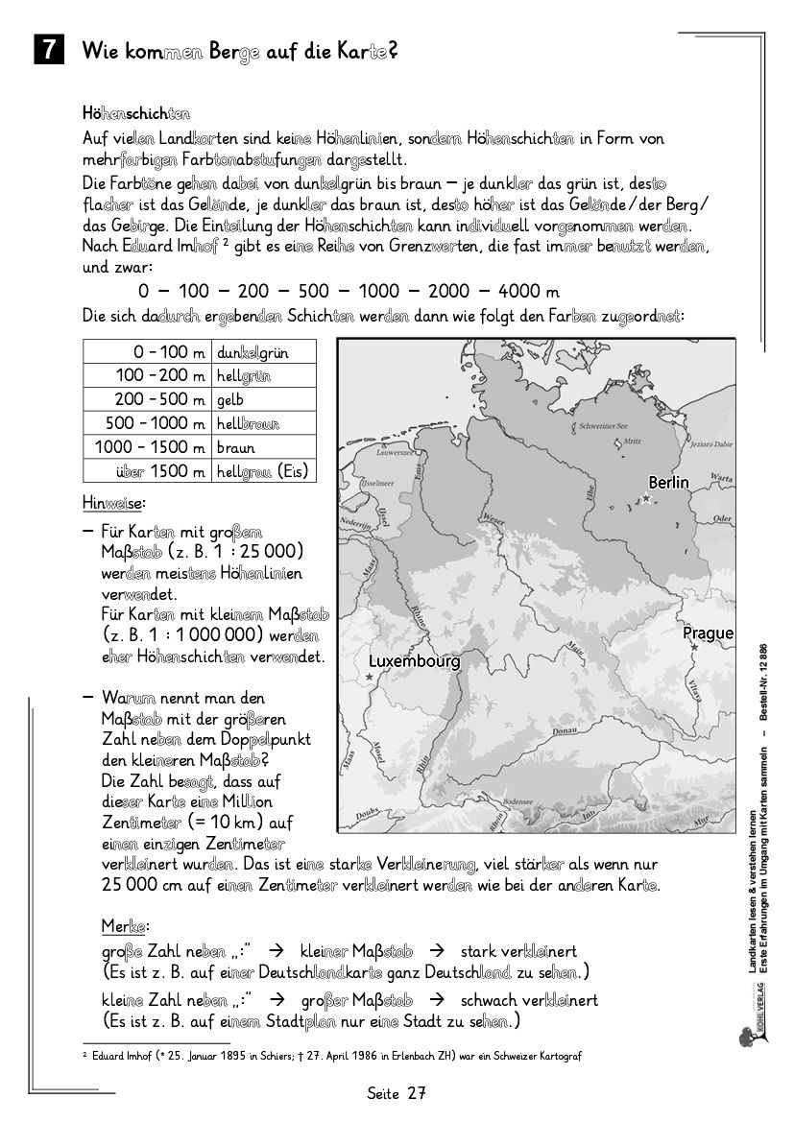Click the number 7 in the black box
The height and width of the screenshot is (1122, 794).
pos(48,51)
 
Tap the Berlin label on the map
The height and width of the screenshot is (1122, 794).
pos(668,483)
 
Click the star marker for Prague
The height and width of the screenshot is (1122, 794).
pos(693,647)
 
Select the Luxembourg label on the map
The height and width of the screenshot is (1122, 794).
pos(414,661)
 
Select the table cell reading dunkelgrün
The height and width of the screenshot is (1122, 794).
pos(253,352)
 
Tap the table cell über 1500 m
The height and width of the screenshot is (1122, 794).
pos(159,470)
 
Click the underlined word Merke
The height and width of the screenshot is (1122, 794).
pos(124,926)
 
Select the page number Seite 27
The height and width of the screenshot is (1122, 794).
pos(396,1093)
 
